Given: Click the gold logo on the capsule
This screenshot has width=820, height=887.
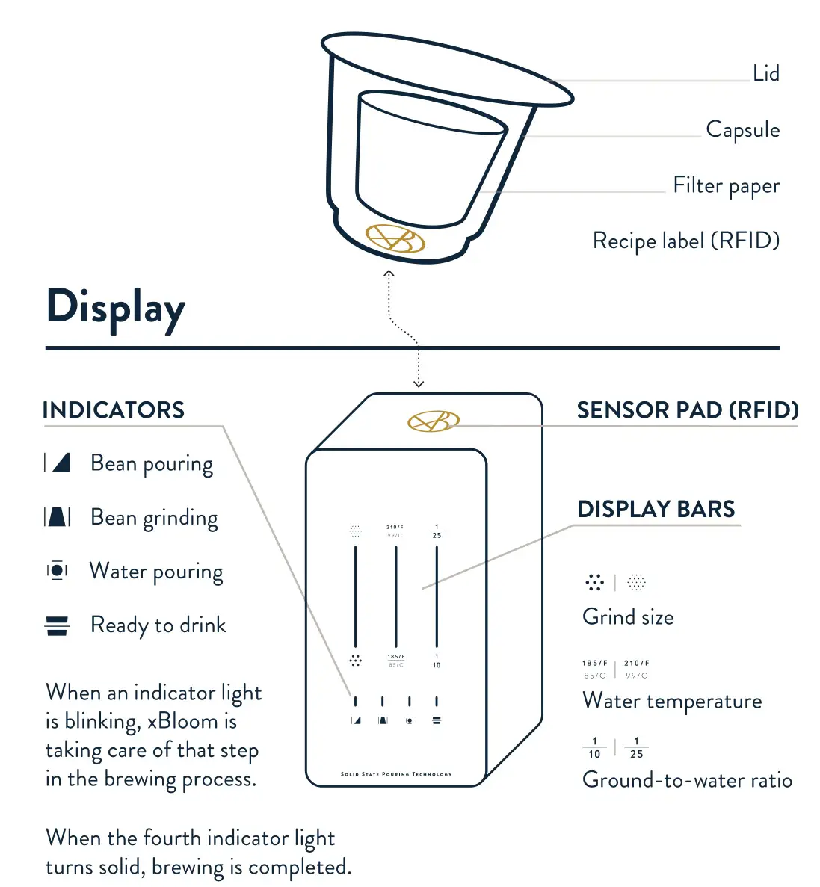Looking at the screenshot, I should (395, 238).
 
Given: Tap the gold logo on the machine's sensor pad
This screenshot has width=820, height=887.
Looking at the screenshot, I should (433, 421).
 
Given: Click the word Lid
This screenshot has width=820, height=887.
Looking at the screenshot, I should (766, 73).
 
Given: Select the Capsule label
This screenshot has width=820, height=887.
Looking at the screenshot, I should (742, 129).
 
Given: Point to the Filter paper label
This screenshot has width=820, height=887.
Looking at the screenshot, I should (726, 185).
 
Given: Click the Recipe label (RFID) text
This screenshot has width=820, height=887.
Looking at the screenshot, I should (685, 241).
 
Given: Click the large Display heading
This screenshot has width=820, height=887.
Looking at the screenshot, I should (116, 308).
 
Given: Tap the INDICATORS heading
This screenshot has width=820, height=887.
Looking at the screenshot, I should (114, 410).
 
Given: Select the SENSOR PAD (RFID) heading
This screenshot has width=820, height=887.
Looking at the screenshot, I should (687, 410).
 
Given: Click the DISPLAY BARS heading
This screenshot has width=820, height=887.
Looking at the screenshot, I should (656, 510).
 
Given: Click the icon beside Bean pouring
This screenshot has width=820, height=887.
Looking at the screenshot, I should (58, 463).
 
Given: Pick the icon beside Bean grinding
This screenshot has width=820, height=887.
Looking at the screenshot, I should (58, 517).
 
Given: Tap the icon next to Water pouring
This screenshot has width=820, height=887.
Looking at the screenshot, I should (58, 571).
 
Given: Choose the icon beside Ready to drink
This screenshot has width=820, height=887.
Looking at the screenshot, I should (58, 625).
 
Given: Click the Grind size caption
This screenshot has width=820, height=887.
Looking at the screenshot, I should (628, 617).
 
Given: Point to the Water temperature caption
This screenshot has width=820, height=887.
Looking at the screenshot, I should (672, 701).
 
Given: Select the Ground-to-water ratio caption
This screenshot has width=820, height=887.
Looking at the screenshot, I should (687, 780).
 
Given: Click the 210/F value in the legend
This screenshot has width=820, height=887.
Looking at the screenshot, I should (637, 663).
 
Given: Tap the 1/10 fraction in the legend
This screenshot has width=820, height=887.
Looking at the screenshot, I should (594, 748).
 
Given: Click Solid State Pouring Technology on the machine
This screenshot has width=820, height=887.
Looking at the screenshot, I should (396, 774).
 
